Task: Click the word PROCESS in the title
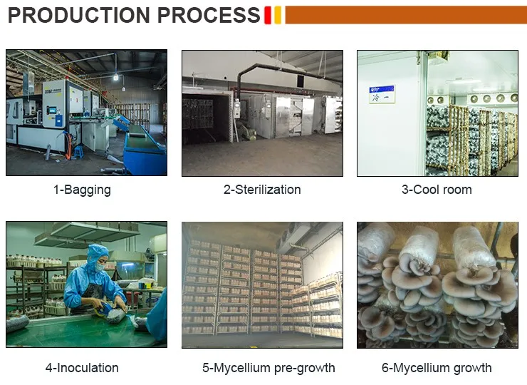tap(207, 15)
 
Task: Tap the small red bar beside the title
tap(268, 15)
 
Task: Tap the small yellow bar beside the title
tap(278, 15)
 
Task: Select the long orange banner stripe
tap(406, 15)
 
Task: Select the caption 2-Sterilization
tap(262, 190)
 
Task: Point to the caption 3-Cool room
tap(437, 190)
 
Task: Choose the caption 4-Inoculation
tap(82, 368)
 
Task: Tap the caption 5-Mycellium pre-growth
tap(268, 368)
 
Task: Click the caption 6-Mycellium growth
tap(437, 368)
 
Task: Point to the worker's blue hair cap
tap(98, 252)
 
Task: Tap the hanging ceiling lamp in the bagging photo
tap(115, 76)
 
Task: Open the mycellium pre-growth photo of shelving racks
tap(262, 284)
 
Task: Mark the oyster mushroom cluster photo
tap(437, 284)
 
